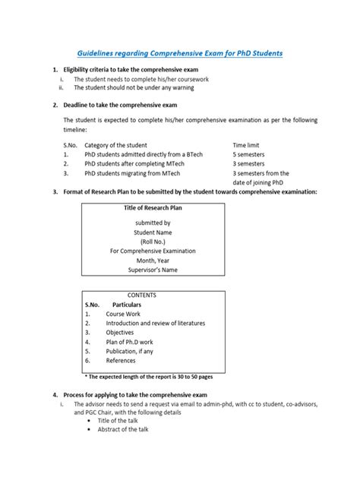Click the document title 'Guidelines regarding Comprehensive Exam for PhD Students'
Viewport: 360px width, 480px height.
click(179, 54)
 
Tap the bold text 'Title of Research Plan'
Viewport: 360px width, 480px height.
click(153, 207)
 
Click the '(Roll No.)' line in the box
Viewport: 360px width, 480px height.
click(153, 241)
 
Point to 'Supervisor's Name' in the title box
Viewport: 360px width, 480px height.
click(153, 270)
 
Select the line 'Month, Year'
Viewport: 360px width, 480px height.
click(153, 261)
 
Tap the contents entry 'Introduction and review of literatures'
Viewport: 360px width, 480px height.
click(155, 323)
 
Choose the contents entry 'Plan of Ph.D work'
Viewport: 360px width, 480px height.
click(130, 342)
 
